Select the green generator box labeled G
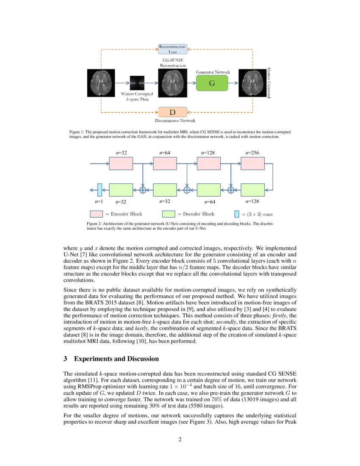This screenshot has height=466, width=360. click(x=212, y=83)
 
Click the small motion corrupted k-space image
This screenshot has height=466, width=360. click(x=137, y=83)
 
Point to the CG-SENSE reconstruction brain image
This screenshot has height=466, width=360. click(x=172, y=83)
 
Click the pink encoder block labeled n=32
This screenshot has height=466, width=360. click(x=121, y=163)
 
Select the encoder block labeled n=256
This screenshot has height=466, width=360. click(x=252, y=163)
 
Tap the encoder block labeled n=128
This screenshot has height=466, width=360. click(x=209, y=163)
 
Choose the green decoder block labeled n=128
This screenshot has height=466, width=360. click(x=252, y=189)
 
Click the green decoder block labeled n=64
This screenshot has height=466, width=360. click(x=209, y=189)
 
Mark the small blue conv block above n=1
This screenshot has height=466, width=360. click(x=100, y=189)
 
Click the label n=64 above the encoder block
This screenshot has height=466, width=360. click(x=165, y=153)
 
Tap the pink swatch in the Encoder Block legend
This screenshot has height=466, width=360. click(x=96, y=214)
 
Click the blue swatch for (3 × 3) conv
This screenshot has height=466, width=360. click(x=237, y=214)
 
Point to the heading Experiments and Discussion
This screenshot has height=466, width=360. click(x=111, y=359)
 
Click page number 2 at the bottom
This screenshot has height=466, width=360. click(x=180, y=439)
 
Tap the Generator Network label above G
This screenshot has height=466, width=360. click(x=213, y=72)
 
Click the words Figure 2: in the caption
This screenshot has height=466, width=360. click(x=94, y=223)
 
